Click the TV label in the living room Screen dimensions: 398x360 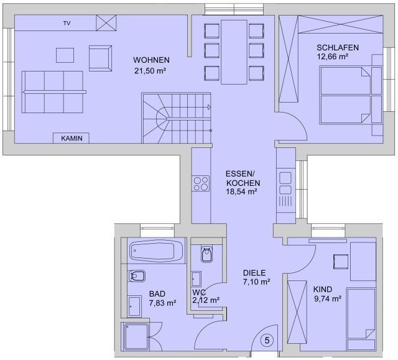(x=67, y=24)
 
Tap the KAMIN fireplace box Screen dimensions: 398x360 (x=71, y=138)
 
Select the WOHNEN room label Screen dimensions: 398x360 (x=151, y=60)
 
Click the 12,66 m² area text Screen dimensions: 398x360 (x=332, y=57)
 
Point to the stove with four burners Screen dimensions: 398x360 (x=201, y=183)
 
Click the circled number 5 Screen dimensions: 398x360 (x=267, y=340)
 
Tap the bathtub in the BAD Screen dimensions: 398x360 (x=156, y=251)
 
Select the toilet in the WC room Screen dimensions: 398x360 (x=206, y=254)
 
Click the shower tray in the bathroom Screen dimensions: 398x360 (x=136, y=337)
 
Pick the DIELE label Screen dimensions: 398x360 (x=254, y=273)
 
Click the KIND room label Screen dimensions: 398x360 (x=322, y=289)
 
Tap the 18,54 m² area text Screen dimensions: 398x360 (x=241, y=192)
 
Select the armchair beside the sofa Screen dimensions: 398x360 (x=101, y=58)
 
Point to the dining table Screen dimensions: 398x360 (x=234, y=52)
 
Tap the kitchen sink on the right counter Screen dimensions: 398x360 (x=285, y=183)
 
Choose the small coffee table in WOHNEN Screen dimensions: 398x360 (x=65, y=55)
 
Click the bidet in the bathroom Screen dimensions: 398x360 (x=137, y=276)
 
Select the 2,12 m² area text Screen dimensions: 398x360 (x=206, y=300)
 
